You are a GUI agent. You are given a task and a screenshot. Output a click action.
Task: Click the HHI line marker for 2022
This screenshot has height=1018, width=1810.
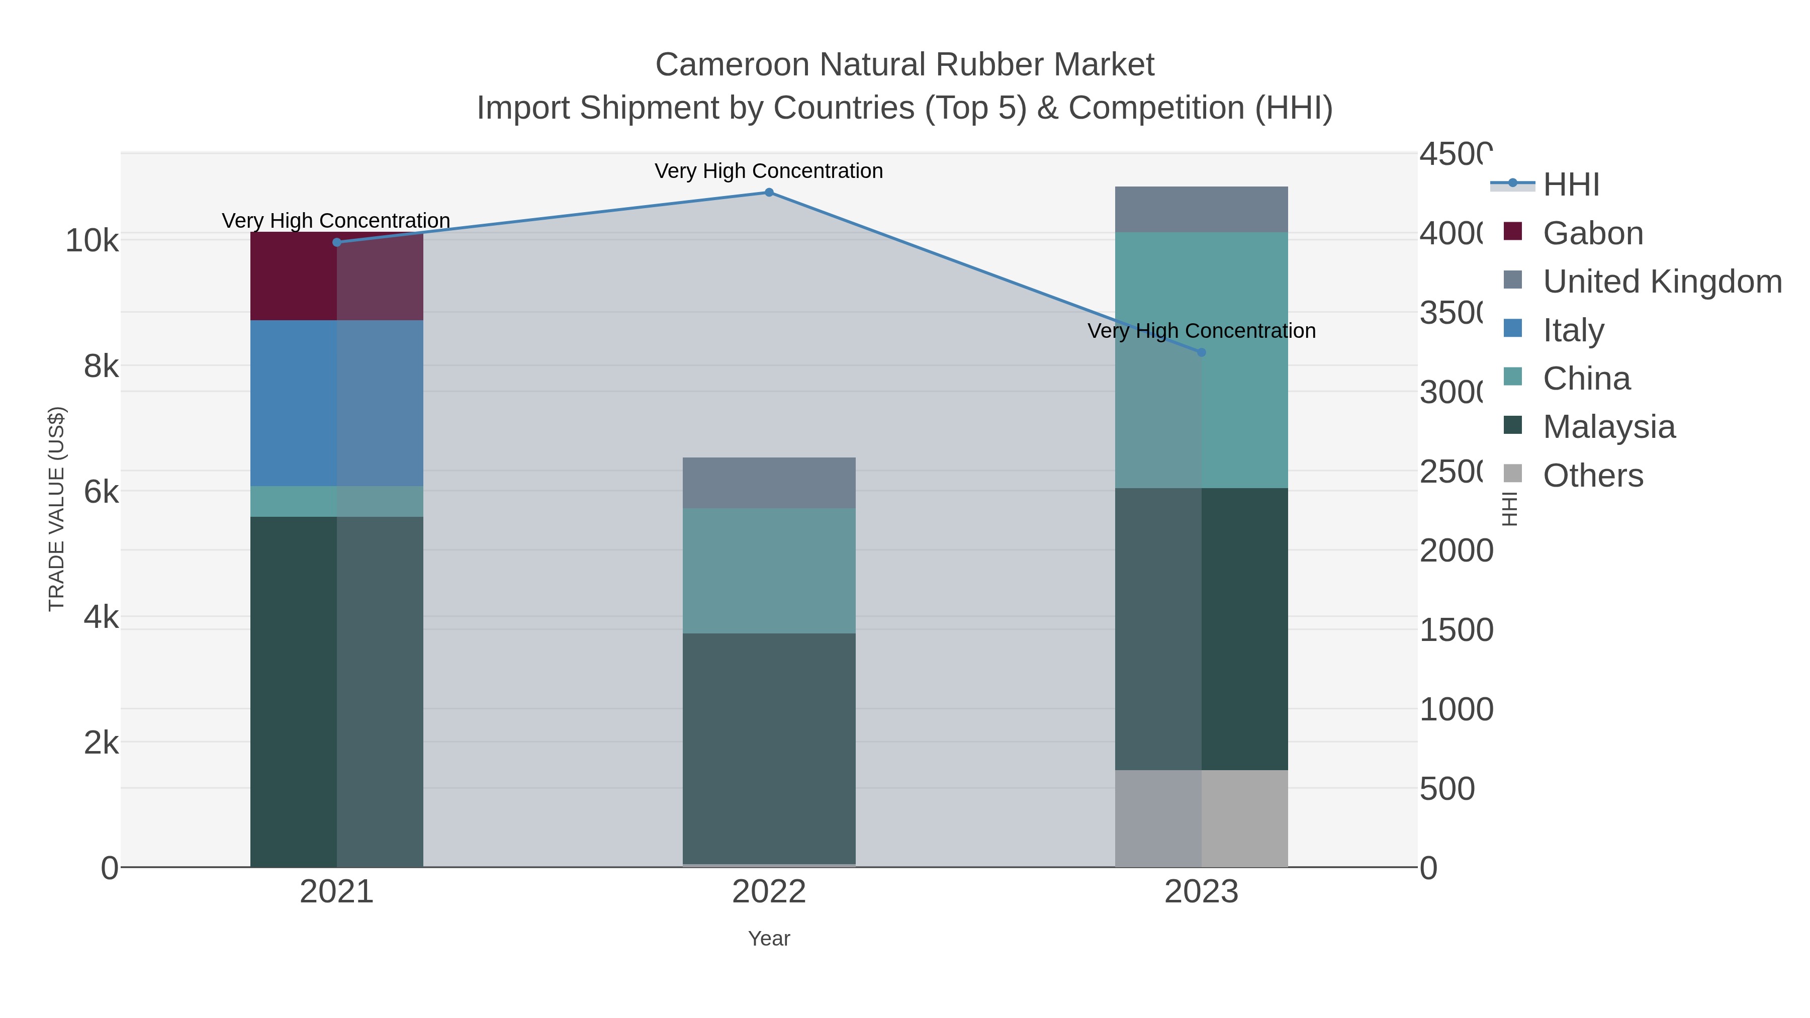pyautogui.click(x=769, y=193)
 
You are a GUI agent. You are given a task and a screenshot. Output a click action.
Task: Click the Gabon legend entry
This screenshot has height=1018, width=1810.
pyautogui.click(x=1593, y=233)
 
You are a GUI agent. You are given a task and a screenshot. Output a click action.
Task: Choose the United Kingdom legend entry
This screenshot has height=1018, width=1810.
pyautogui.click(x=1662, y=282)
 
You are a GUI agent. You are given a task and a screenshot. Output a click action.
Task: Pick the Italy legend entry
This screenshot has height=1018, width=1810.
pyautogui.click(x=1573, y=330)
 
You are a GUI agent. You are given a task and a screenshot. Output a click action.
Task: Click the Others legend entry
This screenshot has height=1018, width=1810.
pyautogui.click(x=1593, y=476)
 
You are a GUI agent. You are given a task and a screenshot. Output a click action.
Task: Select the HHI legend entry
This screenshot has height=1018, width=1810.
pyautogui.click(x=1571, y=185)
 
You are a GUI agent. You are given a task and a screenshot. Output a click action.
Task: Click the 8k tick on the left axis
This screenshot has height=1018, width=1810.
pyautogui.click(x=101, y=366)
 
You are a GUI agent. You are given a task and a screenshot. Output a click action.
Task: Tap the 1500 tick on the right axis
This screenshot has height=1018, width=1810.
pyautogui.click(x=1456, y=630)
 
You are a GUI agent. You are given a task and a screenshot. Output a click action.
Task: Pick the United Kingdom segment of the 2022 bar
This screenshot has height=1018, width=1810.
pyautogui.click(x=769, y=483)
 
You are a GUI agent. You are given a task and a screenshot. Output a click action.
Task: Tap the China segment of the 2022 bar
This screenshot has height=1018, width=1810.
pyautogui.click(x=769, y=571)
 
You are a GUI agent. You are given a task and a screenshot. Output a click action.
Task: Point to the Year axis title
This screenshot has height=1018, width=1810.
pyautogui.click(x=769, y=939)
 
